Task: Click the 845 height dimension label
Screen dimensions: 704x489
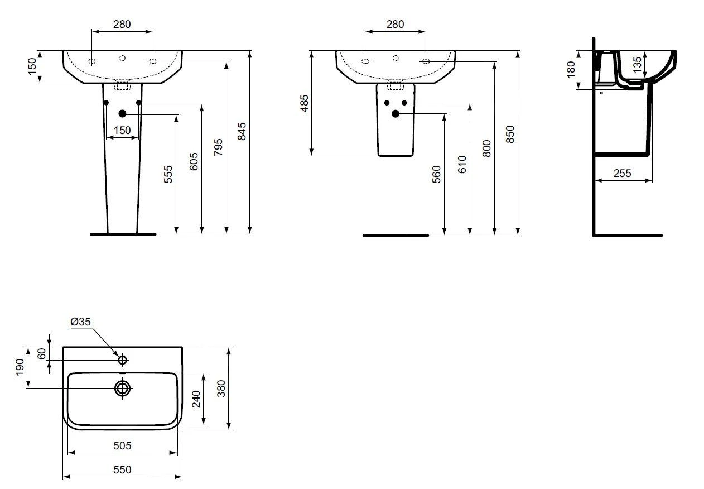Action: point(242,131)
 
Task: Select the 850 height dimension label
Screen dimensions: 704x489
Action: point(510,135)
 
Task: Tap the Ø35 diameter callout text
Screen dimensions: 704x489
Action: point(80,322)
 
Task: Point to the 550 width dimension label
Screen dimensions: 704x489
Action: point(122,469)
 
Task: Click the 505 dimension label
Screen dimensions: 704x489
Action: point(122,445)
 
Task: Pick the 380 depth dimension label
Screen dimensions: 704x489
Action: point(221,389)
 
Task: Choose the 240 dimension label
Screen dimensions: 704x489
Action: point(196,399)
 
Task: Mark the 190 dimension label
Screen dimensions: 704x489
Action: point(20,367)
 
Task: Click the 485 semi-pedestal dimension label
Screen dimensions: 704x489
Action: point(305,103)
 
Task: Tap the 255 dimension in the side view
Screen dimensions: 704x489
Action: point(623,173)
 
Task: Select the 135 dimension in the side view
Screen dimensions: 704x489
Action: point(637,65)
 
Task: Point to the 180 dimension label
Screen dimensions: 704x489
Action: point(571,69)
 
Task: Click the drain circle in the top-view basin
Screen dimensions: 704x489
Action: point(123,389)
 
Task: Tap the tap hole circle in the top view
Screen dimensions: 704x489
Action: point(123,359)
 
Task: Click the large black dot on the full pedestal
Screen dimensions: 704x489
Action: point(123,114)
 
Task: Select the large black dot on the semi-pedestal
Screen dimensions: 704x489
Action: point(396,114)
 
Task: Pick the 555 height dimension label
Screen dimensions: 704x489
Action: point(168,174)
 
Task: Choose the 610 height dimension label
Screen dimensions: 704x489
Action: point(462,165)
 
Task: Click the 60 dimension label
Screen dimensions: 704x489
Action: point(41,354)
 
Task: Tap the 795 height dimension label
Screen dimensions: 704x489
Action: point(218,147)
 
